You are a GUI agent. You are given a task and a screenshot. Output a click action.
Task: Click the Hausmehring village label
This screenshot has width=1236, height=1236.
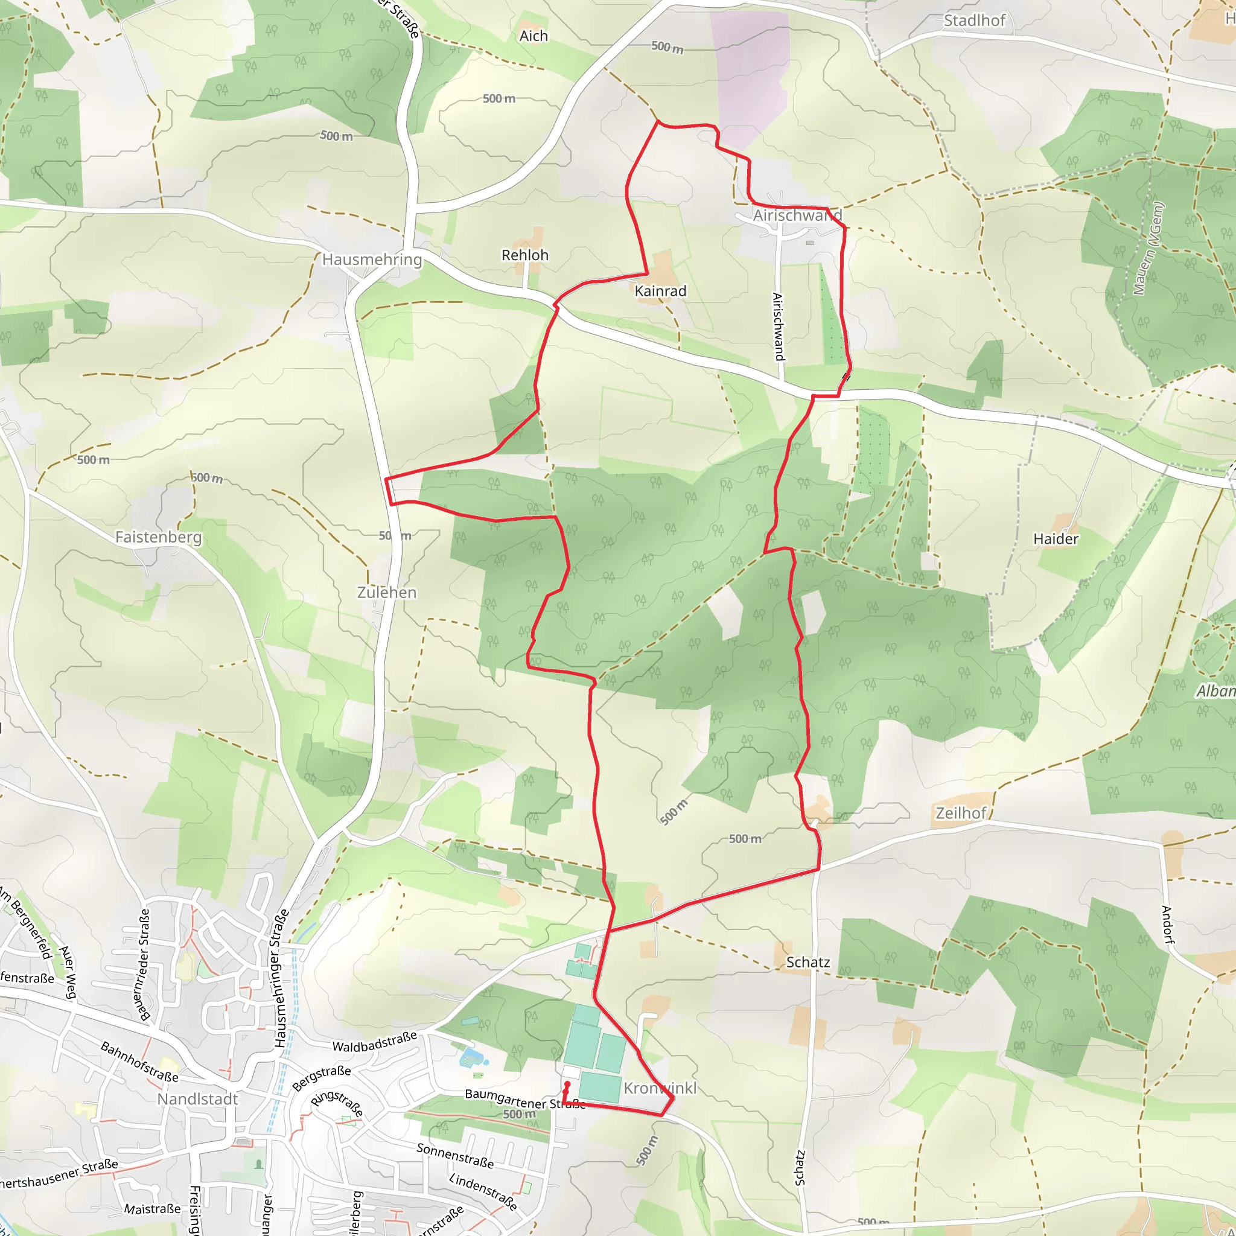click(372, 259)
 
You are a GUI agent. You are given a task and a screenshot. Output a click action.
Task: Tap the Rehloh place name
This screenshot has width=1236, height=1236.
click(524, 255)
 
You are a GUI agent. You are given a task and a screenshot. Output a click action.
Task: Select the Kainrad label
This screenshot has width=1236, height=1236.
click(660, 291)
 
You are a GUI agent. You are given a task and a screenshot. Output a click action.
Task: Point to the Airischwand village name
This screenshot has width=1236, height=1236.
click(797, 215)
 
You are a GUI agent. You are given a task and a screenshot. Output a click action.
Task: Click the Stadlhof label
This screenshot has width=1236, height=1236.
click(974, 21)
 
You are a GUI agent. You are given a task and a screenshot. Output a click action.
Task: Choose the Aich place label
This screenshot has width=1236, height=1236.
click(534, 36)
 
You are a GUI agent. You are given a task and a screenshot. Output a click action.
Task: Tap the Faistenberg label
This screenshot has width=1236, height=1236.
click(158, 537)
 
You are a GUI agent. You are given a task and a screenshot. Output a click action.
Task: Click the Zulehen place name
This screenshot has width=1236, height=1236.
click(386, 593)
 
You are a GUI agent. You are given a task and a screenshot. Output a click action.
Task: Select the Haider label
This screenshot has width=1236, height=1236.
click(1056, 539)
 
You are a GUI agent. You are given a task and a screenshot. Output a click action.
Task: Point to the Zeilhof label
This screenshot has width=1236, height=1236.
click(960, 813)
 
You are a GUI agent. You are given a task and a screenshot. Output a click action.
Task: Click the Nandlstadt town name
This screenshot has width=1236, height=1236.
click(198, 1099)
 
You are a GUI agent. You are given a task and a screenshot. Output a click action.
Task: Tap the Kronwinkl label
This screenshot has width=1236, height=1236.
click(660, 1088)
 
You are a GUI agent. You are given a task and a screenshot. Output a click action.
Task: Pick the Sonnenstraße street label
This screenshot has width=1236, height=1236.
click(455, 1156)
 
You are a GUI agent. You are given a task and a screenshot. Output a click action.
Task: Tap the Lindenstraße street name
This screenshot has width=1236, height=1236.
click(483, 1191)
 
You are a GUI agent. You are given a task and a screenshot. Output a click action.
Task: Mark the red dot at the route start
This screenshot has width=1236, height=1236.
click(567, 1085)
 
